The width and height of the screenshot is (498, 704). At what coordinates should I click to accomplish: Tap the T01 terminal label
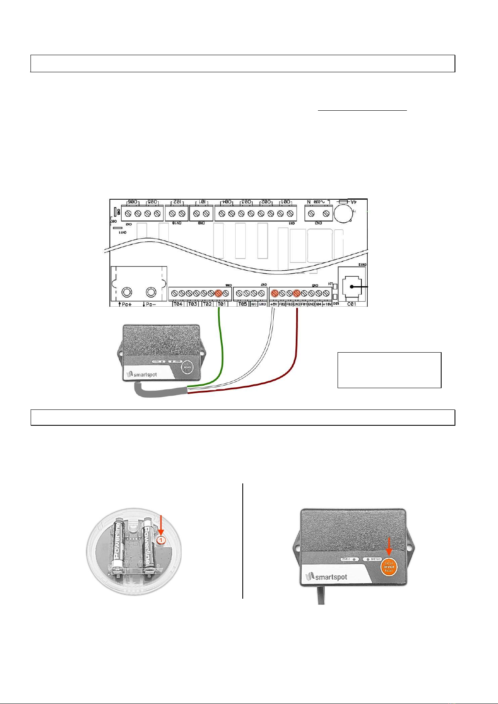pos(222,304)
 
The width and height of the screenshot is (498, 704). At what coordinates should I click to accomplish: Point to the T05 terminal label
pos(242,304)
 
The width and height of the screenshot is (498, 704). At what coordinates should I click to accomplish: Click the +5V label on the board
pos(274,304)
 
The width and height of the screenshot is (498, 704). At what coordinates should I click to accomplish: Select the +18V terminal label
pos(327,304)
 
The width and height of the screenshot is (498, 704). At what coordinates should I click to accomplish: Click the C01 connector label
pos(352,304)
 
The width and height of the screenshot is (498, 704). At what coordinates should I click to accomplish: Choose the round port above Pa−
pos(151,292)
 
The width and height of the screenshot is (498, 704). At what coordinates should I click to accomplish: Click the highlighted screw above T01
pos(218,293)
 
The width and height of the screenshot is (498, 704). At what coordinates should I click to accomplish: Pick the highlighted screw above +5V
pos(274,293)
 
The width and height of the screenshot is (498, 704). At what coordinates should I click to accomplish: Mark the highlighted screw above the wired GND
pos(297,293)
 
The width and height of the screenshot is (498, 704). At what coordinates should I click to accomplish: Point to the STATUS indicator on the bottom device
pos(348,559)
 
